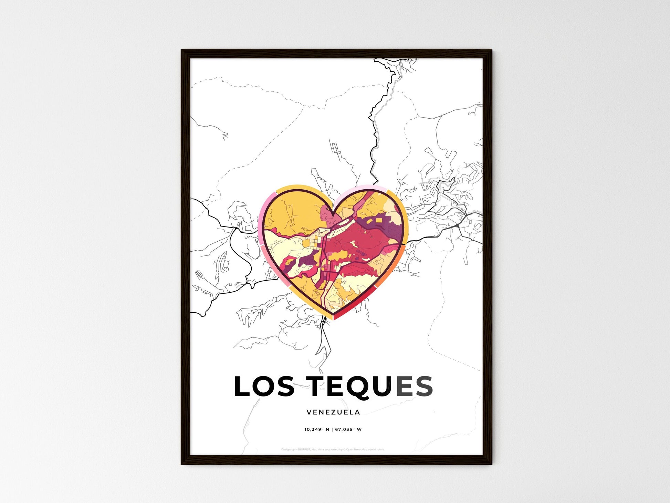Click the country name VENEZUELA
[333, 412]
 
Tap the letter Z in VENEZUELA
[332, 412]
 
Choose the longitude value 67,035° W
[348, 430]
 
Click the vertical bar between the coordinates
[332, 430]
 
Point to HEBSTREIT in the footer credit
[303, 450]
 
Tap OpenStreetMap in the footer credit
[357, 450]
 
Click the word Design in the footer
[286, 450]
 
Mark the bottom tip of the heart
[333, 319]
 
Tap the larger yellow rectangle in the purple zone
[379, 220]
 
